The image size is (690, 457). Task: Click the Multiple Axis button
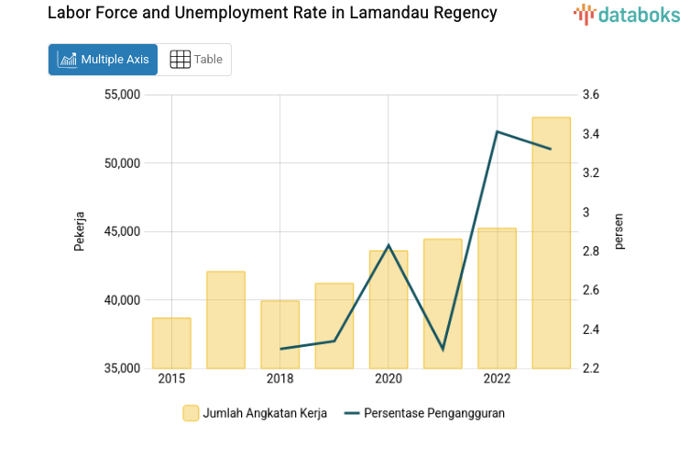(x=103, y=60)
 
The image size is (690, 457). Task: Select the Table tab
(x=196, y=60)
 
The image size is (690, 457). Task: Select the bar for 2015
(x=171, y=343)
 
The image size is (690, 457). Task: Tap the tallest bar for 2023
(x=552, y=243)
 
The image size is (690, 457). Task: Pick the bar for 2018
(x=279, y=335)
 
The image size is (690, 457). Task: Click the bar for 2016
(x=225, y=320)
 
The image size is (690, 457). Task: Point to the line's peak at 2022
(x=497, y=131)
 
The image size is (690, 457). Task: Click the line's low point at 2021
(x=443, y=350)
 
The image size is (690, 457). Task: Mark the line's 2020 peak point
(x=389, y=245)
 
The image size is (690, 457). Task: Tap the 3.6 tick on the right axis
(x=590, y=95)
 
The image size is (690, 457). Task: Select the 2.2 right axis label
(x=590, y=369)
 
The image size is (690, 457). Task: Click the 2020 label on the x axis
(x=389, y=379)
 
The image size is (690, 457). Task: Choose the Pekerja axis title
(x=80, y=231)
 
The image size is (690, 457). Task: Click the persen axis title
(x=619, y=231)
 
